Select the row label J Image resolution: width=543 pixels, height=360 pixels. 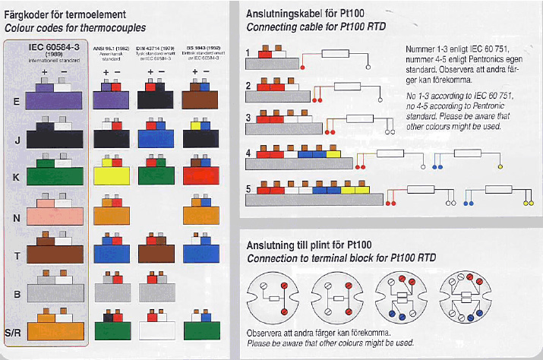pos(17,139)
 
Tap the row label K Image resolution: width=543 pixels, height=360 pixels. pos(17,176)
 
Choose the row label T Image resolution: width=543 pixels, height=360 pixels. pos(17,255)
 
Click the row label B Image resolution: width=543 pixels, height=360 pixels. pos(17,292)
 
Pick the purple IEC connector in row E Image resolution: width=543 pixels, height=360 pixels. pos(47,99)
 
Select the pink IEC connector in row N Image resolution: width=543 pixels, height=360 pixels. pos(47,215)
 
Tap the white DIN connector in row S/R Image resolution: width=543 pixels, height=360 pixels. pos(158,330)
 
